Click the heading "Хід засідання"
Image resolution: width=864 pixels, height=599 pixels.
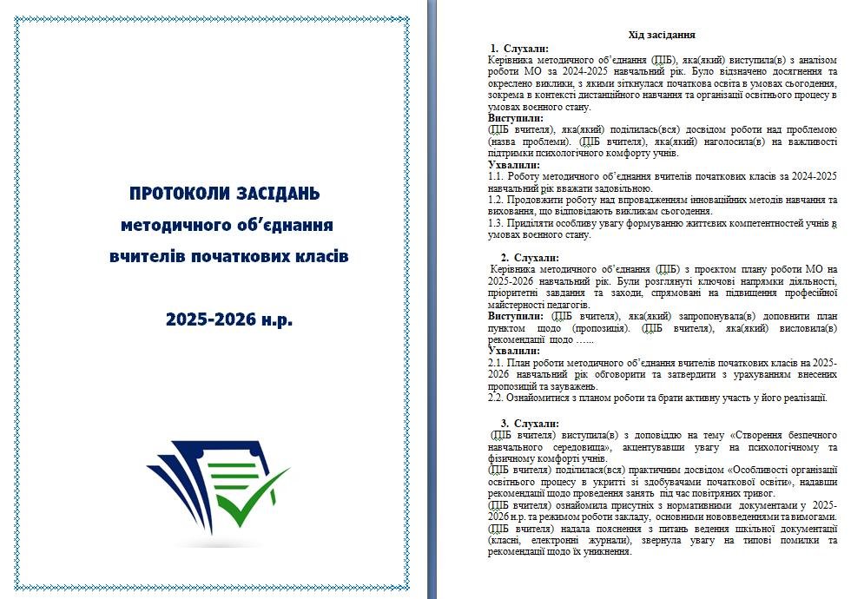662,35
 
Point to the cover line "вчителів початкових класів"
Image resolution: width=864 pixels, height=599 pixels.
228,257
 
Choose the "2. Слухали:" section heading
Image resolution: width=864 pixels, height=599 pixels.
530,258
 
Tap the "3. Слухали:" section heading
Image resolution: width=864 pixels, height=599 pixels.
530,423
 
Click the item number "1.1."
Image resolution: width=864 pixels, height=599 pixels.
497,176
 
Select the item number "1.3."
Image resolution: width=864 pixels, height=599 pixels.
497,223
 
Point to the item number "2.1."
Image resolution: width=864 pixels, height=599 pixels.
497,363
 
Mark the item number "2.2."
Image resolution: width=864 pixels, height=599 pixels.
497,398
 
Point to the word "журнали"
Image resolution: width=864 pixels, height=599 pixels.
594,540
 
